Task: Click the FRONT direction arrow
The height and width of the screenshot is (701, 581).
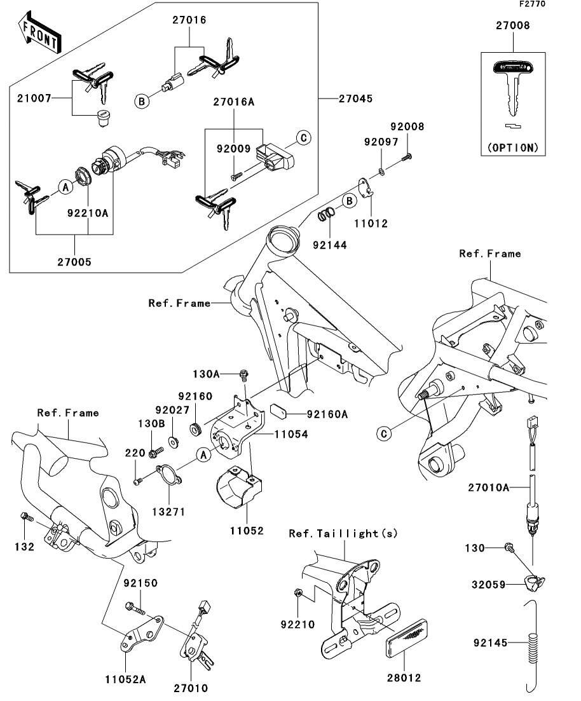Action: click(x=40, y=36)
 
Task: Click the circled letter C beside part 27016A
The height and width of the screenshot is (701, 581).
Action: click(x=303, y=137)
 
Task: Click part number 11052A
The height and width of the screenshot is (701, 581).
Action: click(x=125, y=679)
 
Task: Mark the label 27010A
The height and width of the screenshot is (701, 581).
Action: click(x=486, y=487)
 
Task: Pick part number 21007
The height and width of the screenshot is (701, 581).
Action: click(x=31, y=99)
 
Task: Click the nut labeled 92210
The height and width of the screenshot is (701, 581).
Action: click(x=298, y=594)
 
